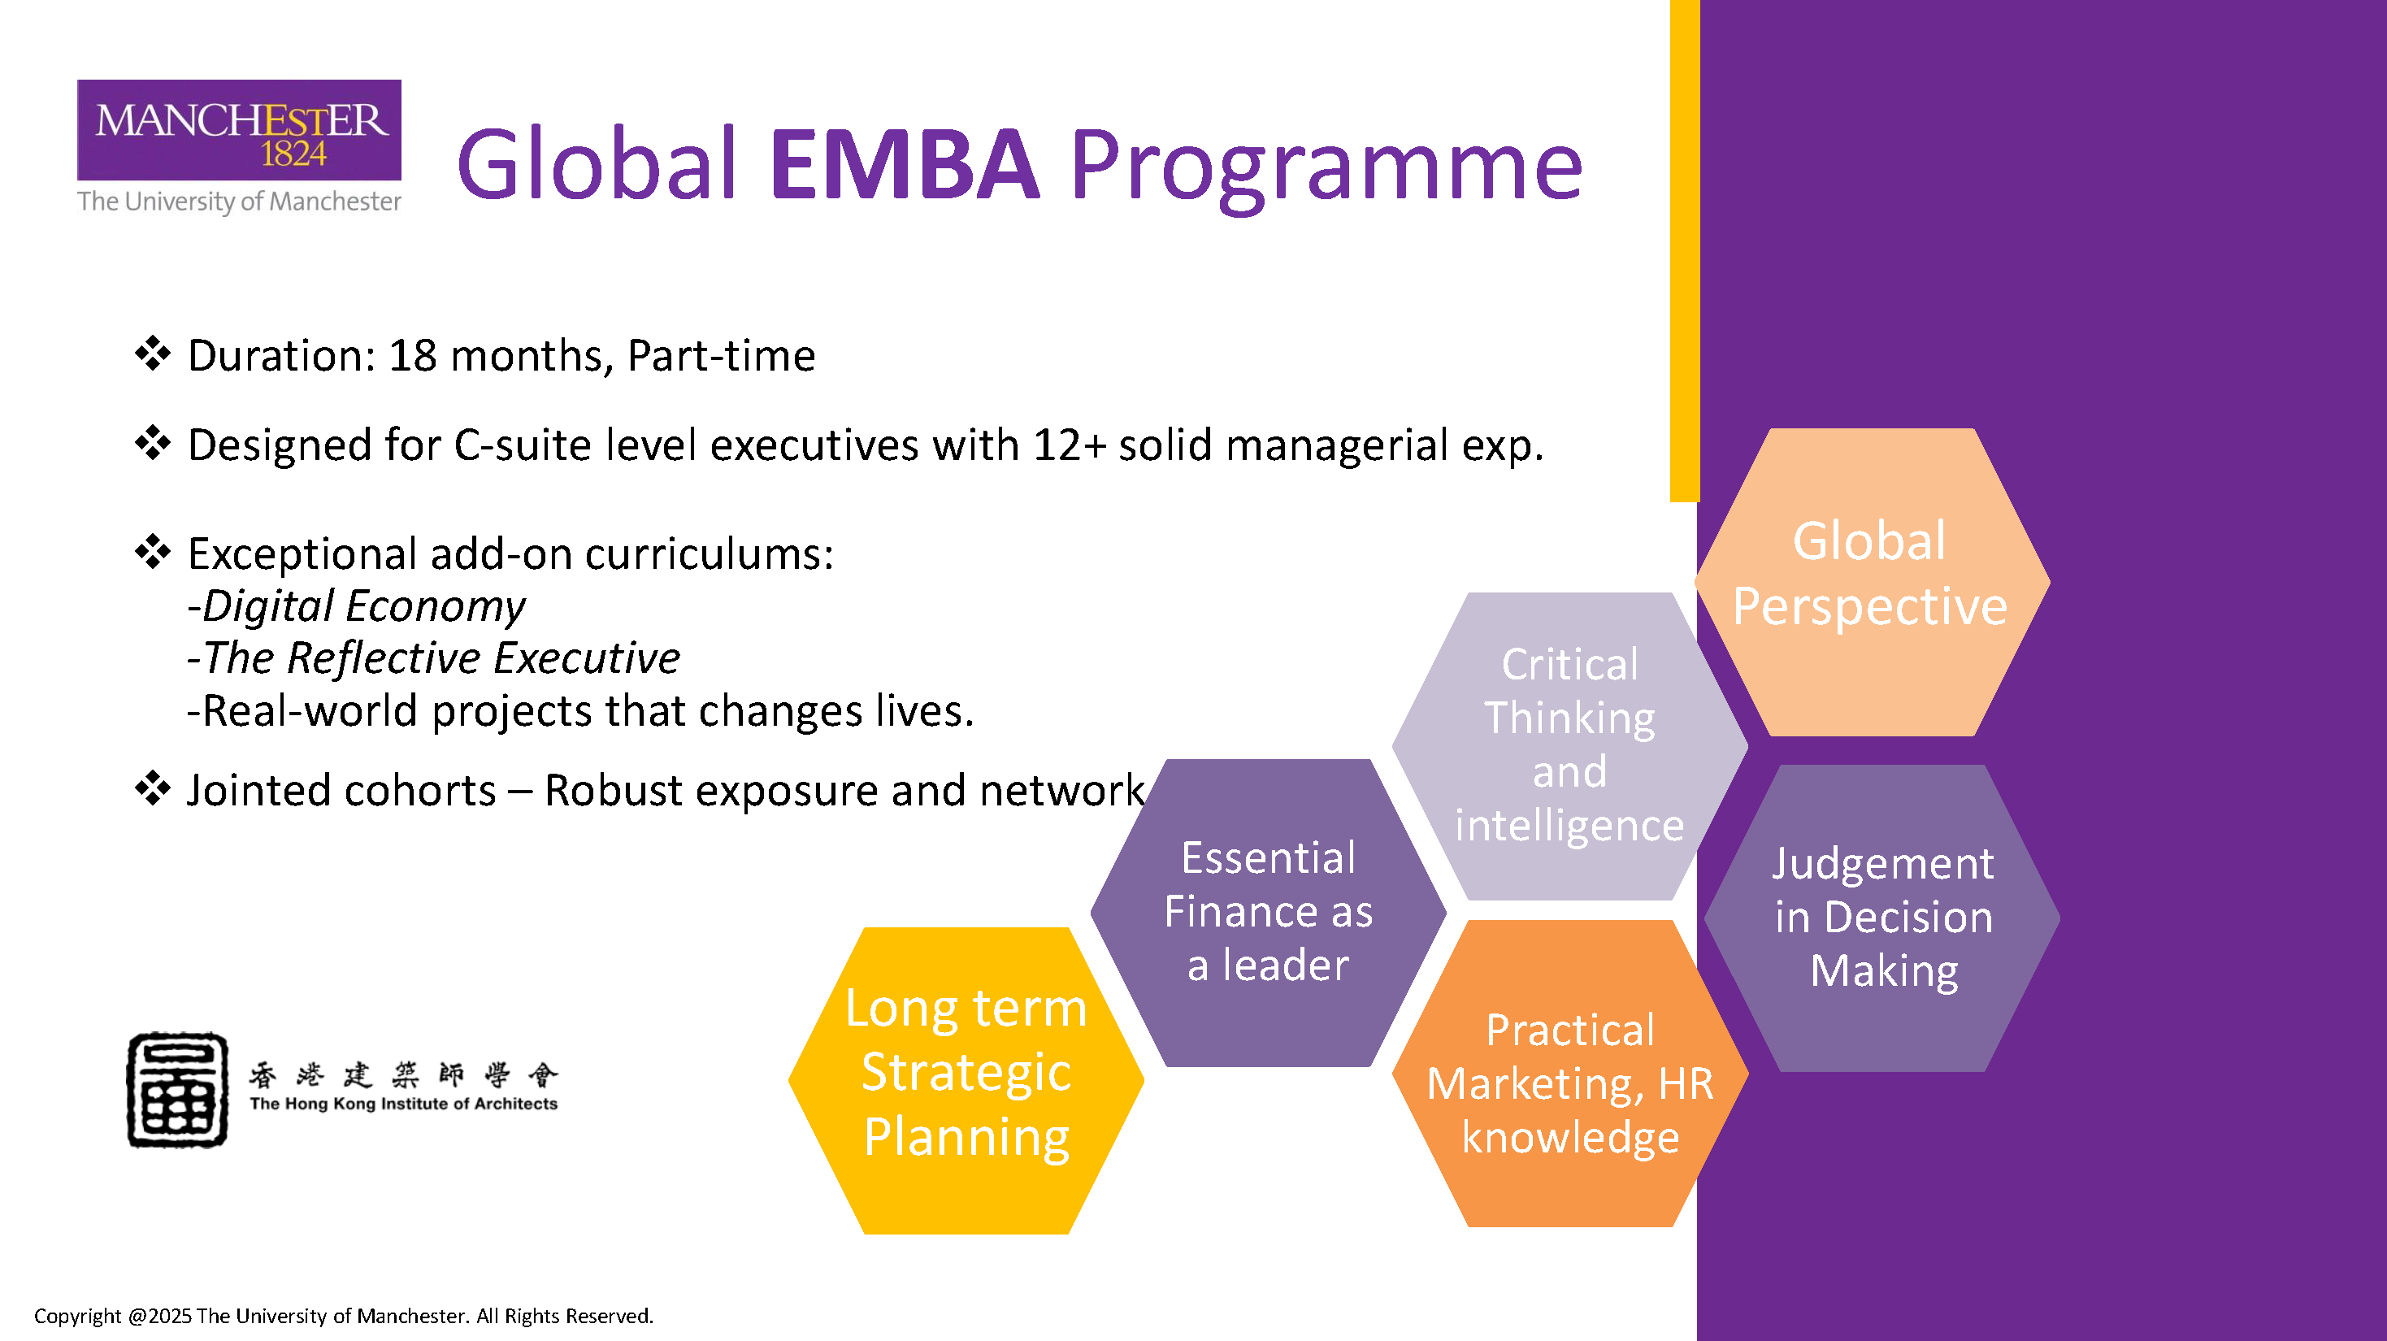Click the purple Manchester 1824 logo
[239, 130]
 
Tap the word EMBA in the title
[905, 165]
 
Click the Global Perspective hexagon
[1872, 582]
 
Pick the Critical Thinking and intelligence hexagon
[1569, 746]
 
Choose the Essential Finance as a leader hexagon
[1268, 913]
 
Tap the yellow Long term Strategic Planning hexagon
[966, 1081]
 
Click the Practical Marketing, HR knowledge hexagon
[1569, 1073]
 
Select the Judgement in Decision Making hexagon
[1882, 918]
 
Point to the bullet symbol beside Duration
[153, 354]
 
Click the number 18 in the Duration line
[412, 356]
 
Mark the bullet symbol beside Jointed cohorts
[153, 788]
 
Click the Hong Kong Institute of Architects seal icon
[178, 1090]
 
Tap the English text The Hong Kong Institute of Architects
[403, 1104]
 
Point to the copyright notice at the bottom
[344, 1316]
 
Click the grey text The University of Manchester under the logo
[239, 201]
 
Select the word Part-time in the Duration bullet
[722, 356]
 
